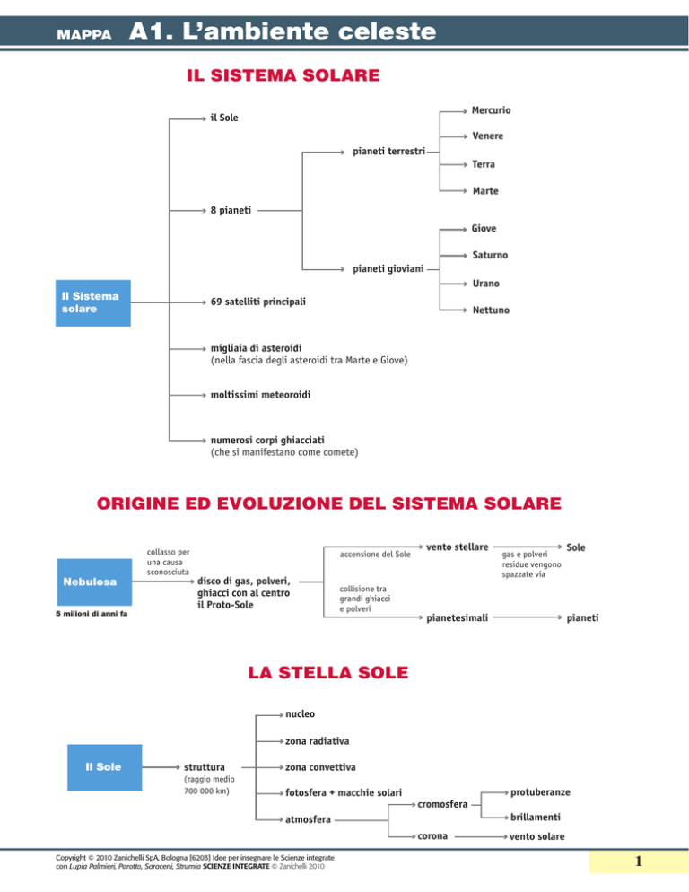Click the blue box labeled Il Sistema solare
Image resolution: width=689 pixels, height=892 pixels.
(93, 302)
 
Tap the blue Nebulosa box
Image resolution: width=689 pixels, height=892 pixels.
(94, 582)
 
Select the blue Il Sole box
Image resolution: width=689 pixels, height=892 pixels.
(105, 767)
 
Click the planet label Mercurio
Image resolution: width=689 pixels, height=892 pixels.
(491, 110)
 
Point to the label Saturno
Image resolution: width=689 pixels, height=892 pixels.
(490, 255)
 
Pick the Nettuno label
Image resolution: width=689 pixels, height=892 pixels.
(491, 310)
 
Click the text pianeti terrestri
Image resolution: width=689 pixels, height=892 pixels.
(388, 152)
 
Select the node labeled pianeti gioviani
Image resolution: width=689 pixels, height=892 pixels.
(388, 268)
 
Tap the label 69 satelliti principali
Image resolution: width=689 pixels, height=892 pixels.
(257, 302)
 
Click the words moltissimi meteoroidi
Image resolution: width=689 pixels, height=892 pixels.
(260, 394)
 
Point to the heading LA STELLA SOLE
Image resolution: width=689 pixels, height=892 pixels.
(328, 672)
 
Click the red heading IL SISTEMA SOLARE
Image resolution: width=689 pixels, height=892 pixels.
(283, 75)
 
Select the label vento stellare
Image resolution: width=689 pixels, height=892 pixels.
(457, 547)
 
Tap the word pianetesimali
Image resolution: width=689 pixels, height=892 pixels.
(457, 617)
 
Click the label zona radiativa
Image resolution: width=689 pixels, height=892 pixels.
(317, 740)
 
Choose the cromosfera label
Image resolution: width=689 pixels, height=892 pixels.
(442, 804)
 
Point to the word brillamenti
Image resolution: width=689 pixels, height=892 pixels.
(536, 817)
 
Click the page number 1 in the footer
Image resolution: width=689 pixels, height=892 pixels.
(639, 861)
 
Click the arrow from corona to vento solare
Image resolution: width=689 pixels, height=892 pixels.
(482, 837)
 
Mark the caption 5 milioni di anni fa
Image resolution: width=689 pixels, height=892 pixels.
(92, 614)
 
